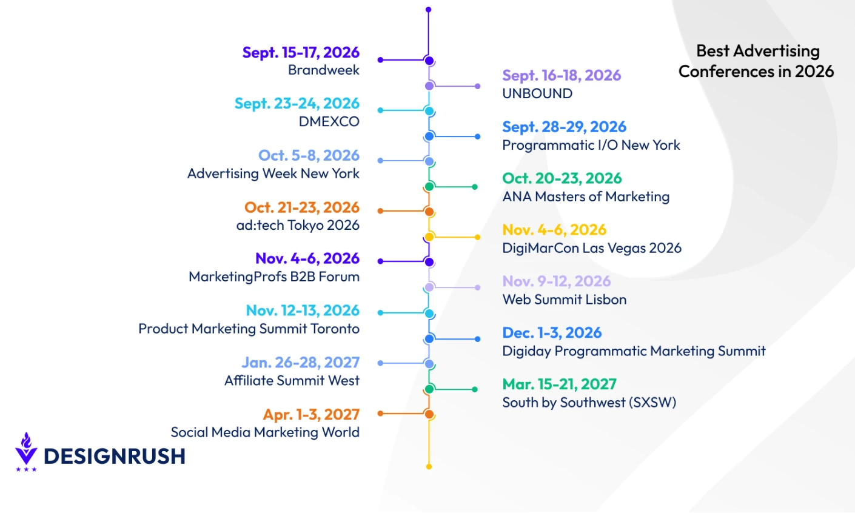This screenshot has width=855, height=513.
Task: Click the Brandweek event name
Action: (324, 70)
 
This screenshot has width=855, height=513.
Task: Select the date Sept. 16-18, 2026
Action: (562, 76)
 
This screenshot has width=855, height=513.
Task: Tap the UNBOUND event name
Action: (537, 93)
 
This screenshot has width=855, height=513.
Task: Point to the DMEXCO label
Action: (329, 121)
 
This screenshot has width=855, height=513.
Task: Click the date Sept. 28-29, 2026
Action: (564, 127)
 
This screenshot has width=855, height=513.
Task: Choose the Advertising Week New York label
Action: (273, 173)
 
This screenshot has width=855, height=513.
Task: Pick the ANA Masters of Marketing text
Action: (586, 196)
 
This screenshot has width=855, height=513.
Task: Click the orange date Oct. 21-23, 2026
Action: (302, 207)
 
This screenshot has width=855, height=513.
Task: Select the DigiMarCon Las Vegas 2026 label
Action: (592, 248)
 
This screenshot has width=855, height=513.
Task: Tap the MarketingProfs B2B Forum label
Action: (274, 277)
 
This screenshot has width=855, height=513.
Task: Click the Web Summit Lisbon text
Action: (564, 300)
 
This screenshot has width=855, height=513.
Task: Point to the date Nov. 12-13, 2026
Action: (303, 310)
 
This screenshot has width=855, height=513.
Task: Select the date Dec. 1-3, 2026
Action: (552, 333)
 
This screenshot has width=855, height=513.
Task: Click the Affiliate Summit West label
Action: (292, 381)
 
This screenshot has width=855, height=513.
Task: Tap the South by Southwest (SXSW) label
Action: (589, 402)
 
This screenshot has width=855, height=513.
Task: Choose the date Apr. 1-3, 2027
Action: (311, 415)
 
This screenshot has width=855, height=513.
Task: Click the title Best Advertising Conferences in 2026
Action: (756, 61)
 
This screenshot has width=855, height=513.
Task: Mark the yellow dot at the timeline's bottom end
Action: (429, 466)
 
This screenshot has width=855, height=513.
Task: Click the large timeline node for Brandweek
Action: (429, 60)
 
